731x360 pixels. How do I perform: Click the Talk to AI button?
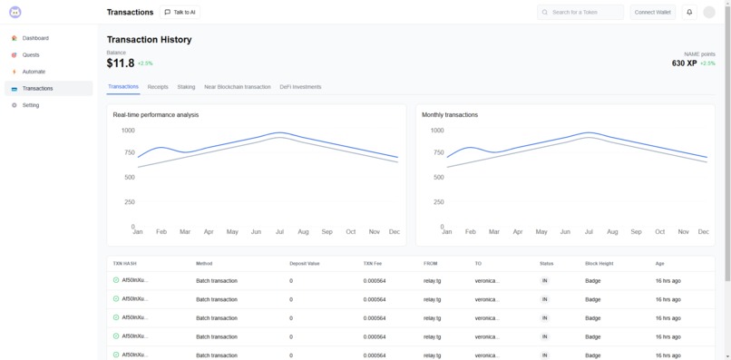[x=180, y=13]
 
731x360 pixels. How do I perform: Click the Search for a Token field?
[x=580, y=13]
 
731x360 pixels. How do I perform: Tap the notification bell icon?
[x=689, y=13]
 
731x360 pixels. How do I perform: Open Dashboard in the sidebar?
[x=35, y=38]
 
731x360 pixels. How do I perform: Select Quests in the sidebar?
[x=31, y=55]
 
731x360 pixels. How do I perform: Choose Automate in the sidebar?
[x=34, y=72]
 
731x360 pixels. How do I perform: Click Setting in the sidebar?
[x=31, y=105]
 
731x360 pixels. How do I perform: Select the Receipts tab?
[x=158, y=87]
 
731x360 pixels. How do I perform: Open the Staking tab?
[x=186, y=87]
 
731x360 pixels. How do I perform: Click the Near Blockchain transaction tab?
[x=237, y=87]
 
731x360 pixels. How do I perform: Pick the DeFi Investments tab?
[x=300, y=87]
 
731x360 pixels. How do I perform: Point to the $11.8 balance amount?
[x=121, y=63]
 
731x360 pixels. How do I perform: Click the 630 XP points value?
[x=684, y=63]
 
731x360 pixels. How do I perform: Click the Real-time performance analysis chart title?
[x=155, y=115]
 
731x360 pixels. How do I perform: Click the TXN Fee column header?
[x=373, y=263]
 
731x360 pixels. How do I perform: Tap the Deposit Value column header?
[x=304, y=263]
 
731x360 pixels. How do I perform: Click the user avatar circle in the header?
[x=709, y=13]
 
